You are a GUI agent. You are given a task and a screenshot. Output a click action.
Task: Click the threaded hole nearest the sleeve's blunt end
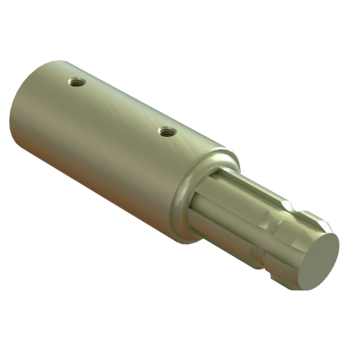77,82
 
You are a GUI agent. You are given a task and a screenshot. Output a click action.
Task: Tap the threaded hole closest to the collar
168,132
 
